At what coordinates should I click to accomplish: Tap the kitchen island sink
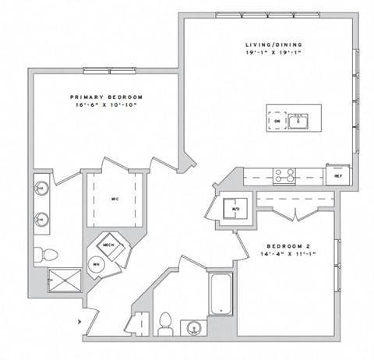(298, 121)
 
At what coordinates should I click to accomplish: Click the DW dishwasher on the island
(277, 122)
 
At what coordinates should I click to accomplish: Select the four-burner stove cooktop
(284, 175)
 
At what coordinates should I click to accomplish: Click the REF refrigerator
(337, 176)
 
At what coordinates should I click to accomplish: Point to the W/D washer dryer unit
(233, 208)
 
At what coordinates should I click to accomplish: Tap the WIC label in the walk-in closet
(115, 198)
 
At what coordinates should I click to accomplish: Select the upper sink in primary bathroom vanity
(41, 188)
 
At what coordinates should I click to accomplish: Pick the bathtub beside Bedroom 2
(221, 294)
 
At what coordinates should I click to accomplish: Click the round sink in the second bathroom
(193, 326)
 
